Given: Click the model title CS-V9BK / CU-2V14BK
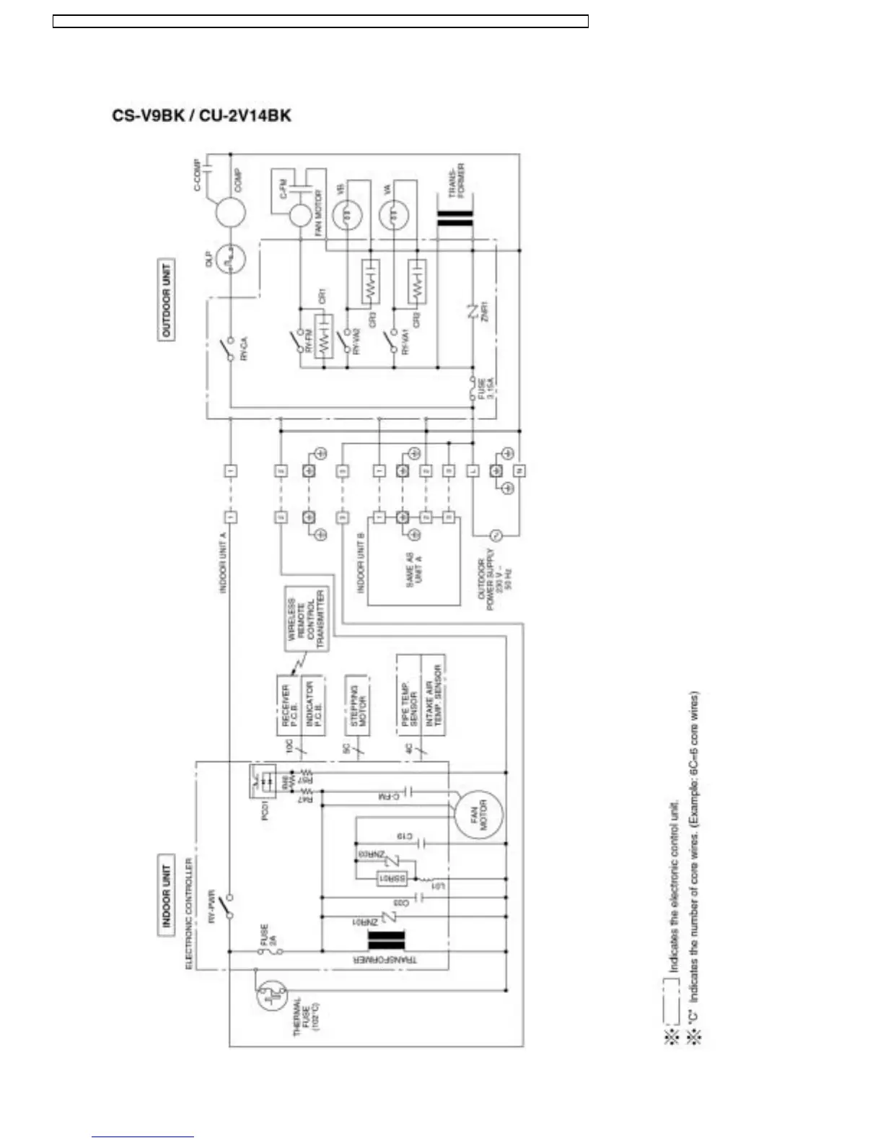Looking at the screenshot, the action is click(x=201, y=116).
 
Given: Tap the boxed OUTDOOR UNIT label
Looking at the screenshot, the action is click(x=167, y=299).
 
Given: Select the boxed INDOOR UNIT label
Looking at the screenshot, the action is click(x=167, y=895).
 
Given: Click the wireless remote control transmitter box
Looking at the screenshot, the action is click(x=307, y=618).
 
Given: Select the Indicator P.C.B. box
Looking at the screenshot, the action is click(x=311, y=705).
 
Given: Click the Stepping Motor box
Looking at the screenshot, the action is click(x=358, y=705).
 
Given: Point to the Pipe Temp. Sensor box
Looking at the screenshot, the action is click(x=408, y=695).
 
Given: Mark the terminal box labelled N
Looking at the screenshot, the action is click(x=519, y=470).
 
